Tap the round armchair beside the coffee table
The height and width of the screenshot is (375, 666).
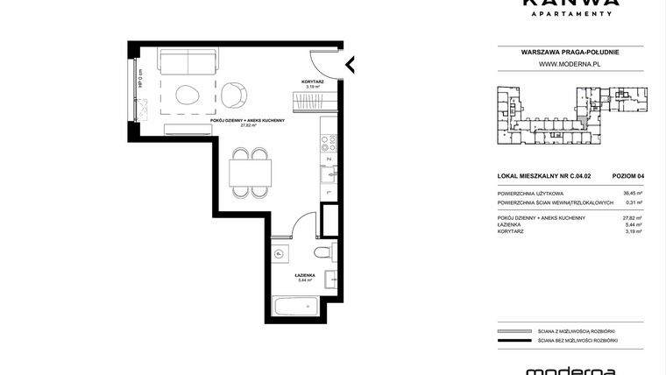234,94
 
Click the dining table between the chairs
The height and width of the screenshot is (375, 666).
250,172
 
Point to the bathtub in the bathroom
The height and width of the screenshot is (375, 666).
294,308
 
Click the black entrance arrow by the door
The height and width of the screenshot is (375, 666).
350,64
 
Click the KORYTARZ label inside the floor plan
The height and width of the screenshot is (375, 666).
313,81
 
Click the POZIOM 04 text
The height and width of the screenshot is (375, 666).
628,175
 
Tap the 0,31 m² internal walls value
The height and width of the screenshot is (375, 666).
634,202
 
